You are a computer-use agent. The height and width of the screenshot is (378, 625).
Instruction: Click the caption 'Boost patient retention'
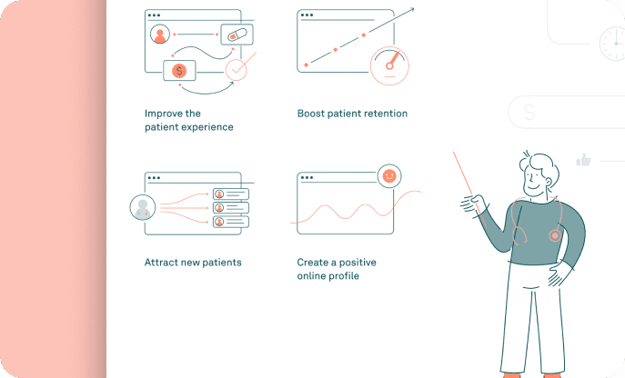coord(352,114)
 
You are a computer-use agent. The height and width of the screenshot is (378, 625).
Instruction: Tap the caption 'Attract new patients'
coord(193,263)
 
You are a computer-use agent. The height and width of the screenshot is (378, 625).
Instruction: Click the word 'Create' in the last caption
coord(313,263)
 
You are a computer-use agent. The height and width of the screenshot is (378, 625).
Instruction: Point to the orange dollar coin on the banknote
coord(179,70)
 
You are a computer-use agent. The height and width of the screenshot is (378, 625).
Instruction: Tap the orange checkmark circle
coord(237,69)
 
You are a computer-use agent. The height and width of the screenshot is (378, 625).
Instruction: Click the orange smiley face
coord(389,176)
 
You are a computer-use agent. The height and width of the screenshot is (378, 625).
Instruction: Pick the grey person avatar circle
coord(142,207)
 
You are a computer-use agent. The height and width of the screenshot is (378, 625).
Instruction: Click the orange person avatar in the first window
coord(161,35)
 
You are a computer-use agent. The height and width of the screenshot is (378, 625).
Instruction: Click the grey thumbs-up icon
coord(583,161)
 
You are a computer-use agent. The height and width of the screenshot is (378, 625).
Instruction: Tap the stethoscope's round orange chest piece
coord(554,235)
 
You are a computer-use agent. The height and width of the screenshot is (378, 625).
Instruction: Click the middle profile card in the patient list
coord(230,207)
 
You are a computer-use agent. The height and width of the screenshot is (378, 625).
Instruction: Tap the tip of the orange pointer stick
coord(453,153)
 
